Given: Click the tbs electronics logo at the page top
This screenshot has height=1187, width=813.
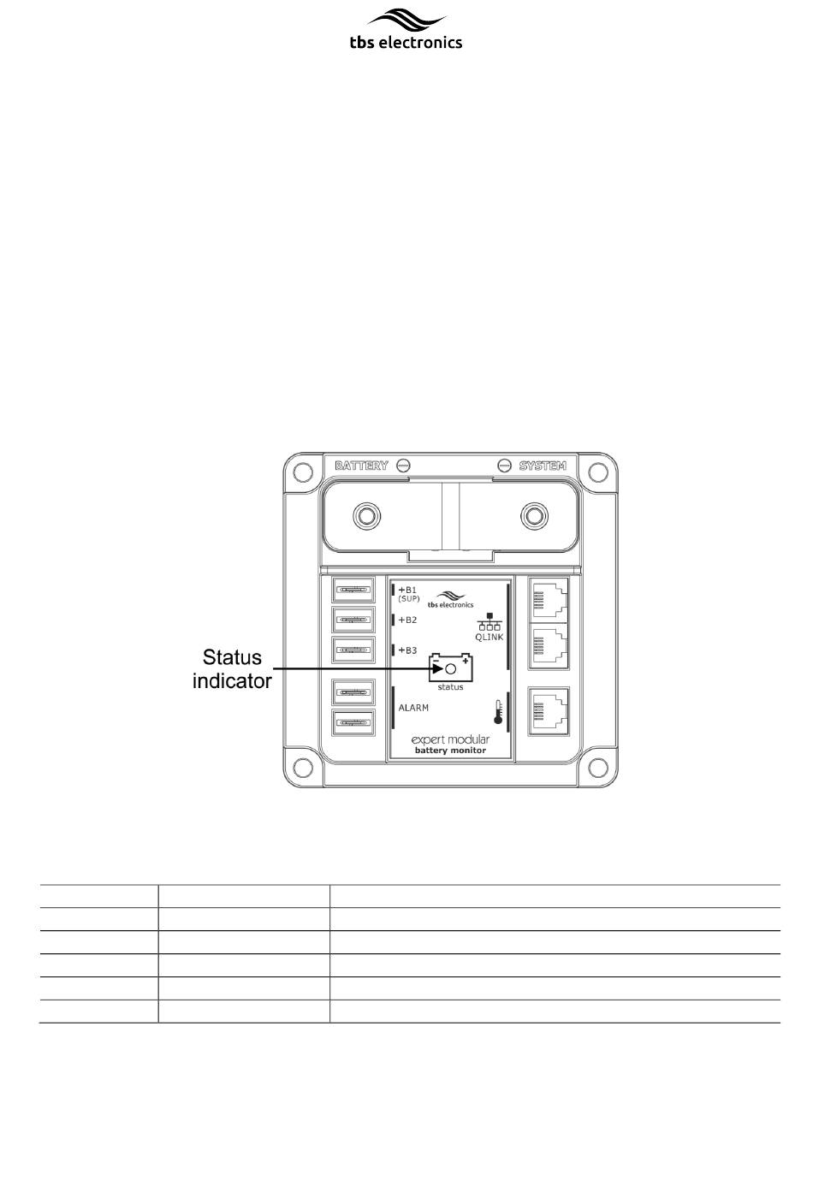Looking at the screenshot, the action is coord(406,29).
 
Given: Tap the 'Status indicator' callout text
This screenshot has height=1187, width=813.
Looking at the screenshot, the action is coord(232,669).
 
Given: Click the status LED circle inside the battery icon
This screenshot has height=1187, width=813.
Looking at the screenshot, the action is coord(451,669).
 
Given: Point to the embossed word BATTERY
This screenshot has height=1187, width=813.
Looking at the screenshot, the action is coord(361,466).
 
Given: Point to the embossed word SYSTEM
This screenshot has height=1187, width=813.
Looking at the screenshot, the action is coord(543,466).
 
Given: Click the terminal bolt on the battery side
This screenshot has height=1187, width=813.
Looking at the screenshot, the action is coord(366,515).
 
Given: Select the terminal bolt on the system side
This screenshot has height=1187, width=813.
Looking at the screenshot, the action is coord(534,515).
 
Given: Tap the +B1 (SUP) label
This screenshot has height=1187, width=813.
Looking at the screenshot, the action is coord(408,594).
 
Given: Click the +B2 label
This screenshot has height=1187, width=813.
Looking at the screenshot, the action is coord(407,620).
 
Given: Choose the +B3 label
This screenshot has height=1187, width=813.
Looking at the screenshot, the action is coord(407,650).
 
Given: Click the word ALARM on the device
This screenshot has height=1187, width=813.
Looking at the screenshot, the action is coord(413,708).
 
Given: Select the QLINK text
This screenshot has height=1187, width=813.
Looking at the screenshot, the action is coord(489,637).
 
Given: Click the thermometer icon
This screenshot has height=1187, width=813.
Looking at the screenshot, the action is coord(498,712).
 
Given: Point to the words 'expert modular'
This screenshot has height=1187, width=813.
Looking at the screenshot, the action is coord(450,739).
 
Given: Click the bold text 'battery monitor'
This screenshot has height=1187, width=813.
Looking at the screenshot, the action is coord(450,751).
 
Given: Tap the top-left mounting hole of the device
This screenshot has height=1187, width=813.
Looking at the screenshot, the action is coord(303,472).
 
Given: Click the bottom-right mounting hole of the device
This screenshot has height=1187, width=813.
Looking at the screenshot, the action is coord(598,767).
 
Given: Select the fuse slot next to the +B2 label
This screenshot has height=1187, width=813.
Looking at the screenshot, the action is coord(353,620).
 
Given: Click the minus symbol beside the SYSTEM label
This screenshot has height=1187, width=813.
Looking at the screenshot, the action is coord(505,466).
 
